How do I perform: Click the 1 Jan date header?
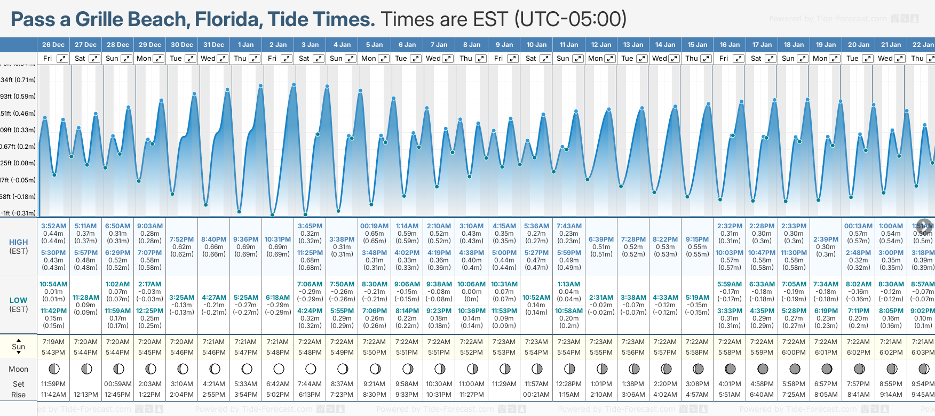(x=246, y=45)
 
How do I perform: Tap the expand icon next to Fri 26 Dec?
(x=62, y=59)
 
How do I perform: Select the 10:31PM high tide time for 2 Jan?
(x=278, y=239)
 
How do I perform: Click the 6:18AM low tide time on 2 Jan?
(x=278, y=298)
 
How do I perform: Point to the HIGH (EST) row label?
(x=19, y=246)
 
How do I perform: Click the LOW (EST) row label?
(x=19, y=305)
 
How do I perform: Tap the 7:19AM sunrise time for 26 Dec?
(x=53, y=342)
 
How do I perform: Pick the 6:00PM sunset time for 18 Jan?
(x=794, y=353)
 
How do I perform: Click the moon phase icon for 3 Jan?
(x=311, y=369)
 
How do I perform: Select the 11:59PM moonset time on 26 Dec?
(x=53, y=384)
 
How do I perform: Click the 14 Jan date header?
(x=665, y=45)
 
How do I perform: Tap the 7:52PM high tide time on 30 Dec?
(x=181, y=239)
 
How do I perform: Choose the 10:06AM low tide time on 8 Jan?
(x=472, y=284)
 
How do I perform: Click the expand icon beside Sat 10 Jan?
(x=545, y=59)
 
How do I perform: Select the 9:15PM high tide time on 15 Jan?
(x=698, y=239)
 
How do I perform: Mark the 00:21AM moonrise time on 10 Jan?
(x=536, y=395)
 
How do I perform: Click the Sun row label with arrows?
(x=19, y=347)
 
